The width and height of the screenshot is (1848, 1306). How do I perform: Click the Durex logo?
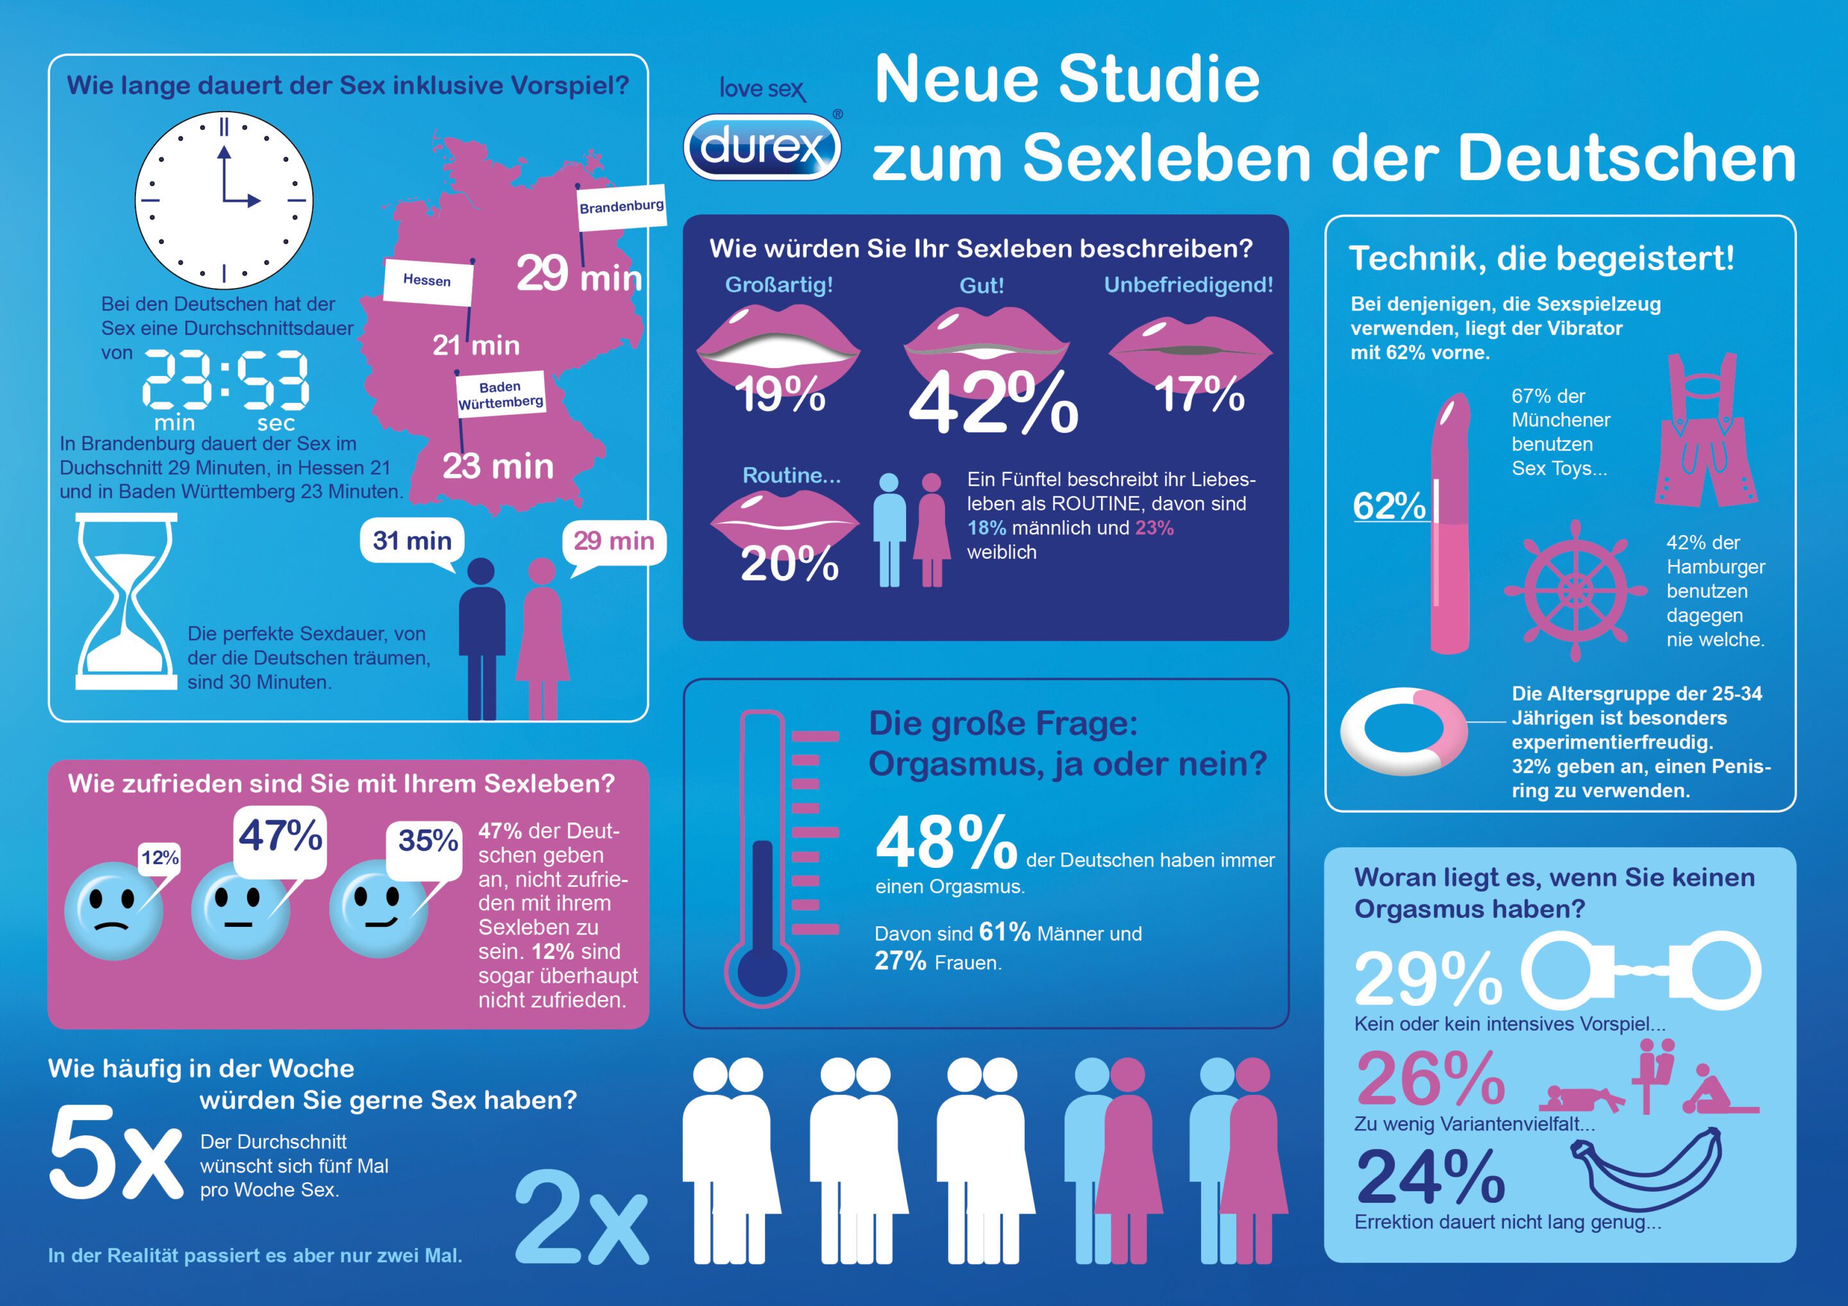[x=762, y=146]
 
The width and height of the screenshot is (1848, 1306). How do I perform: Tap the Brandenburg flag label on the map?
[x=620, y=207]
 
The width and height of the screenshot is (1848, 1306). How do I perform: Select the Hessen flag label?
[x=427, y=281]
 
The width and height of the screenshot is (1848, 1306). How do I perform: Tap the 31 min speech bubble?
[x=412, y=541]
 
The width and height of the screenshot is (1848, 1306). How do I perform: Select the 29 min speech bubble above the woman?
[x=613, y=541]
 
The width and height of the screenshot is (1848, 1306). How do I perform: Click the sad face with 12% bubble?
[x=114, y=911]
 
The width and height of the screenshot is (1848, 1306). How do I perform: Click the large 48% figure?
[x=946, y=844]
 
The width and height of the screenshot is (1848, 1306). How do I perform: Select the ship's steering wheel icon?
[x=1575, y=591]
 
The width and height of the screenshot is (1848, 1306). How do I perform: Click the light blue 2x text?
[x=580, y=1218]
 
